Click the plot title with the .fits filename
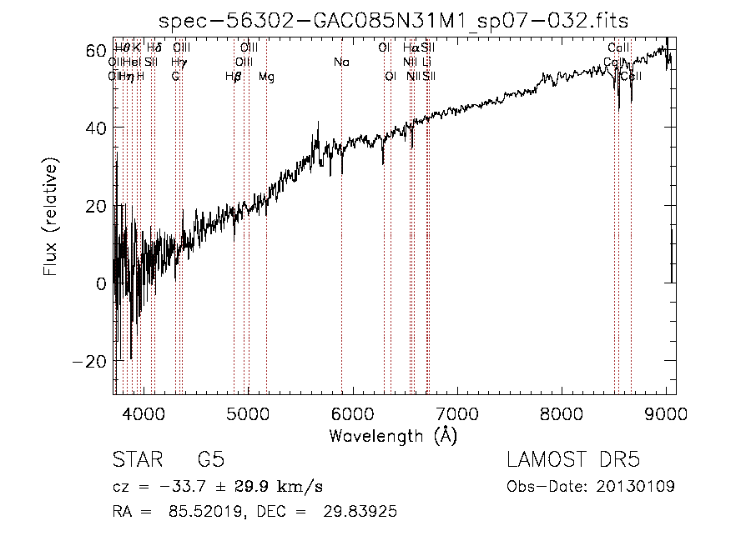394,19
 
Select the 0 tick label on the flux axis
100,283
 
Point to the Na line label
341,63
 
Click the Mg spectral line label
266,77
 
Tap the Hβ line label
233,77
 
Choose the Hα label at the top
410,48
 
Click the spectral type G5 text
210,460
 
